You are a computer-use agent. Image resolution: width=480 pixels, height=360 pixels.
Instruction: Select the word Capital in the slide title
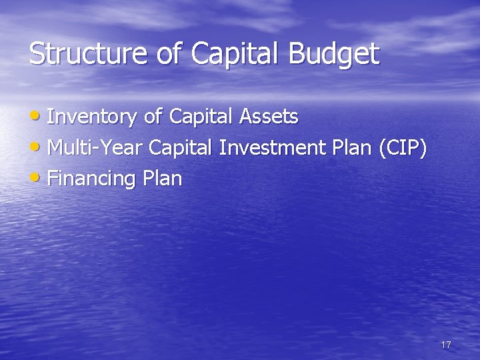pyautogui.click(x=236, y=53)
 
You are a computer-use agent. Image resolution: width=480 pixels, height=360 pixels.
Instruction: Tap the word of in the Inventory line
pyautogui.click(x=153, y=117)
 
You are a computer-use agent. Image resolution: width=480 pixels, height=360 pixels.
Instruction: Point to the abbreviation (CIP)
pyautogui.click(x=402, y=147)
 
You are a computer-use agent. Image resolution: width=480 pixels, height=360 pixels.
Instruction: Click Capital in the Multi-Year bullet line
pyautogui.click(x=179, y=147)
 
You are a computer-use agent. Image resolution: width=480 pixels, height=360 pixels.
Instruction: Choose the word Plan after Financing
pyautogui.click(x=160, y=179)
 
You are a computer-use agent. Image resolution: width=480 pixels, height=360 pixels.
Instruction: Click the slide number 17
pyautogui.click(x=446, y=345)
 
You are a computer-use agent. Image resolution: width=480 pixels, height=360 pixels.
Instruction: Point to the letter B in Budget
pyautogui.click(x=295, y=53)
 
